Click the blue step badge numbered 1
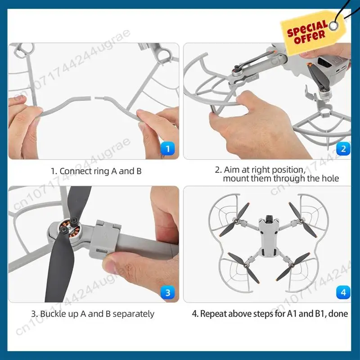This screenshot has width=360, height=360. (167, 149)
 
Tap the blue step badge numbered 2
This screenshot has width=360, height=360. (343, 149)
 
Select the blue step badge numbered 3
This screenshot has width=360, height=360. (167, 292)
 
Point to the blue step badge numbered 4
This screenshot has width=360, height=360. (343, 292)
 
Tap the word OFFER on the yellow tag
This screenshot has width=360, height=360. (310, 37)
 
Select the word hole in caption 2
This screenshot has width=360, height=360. (330, 178)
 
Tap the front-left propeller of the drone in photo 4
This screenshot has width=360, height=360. (234, 220)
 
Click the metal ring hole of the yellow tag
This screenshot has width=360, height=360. (334, 26)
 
